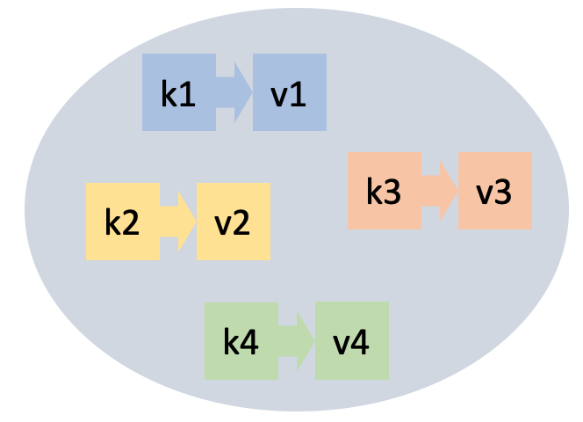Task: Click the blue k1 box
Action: [179, 92]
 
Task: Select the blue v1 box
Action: [290, 92]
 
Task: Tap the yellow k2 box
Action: [123, 222]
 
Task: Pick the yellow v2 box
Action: [233, 222]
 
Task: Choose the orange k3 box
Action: [384, 192]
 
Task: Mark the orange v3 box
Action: [494, 192]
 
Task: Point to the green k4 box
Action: [241, 341]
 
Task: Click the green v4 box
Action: [351, 341]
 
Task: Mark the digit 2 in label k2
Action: [132, 222]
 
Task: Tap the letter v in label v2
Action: [223, 225]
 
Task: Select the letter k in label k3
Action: [375, 192]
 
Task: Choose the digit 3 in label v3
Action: [503, 193]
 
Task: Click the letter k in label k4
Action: [232, 341]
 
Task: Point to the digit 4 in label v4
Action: [361, 342]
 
